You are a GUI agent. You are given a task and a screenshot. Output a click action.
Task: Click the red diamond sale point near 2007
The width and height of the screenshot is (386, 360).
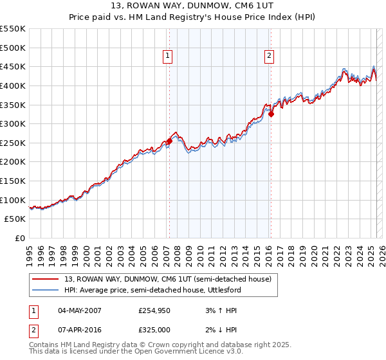[x=169, y=141]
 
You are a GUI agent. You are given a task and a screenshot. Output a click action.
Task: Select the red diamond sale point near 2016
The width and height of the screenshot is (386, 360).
[x=271, y=114]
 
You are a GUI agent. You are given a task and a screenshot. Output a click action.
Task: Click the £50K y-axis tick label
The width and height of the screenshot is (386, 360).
[x=15, y=219]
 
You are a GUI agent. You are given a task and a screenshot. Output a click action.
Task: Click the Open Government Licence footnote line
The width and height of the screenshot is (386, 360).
[x=136, y=352]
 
